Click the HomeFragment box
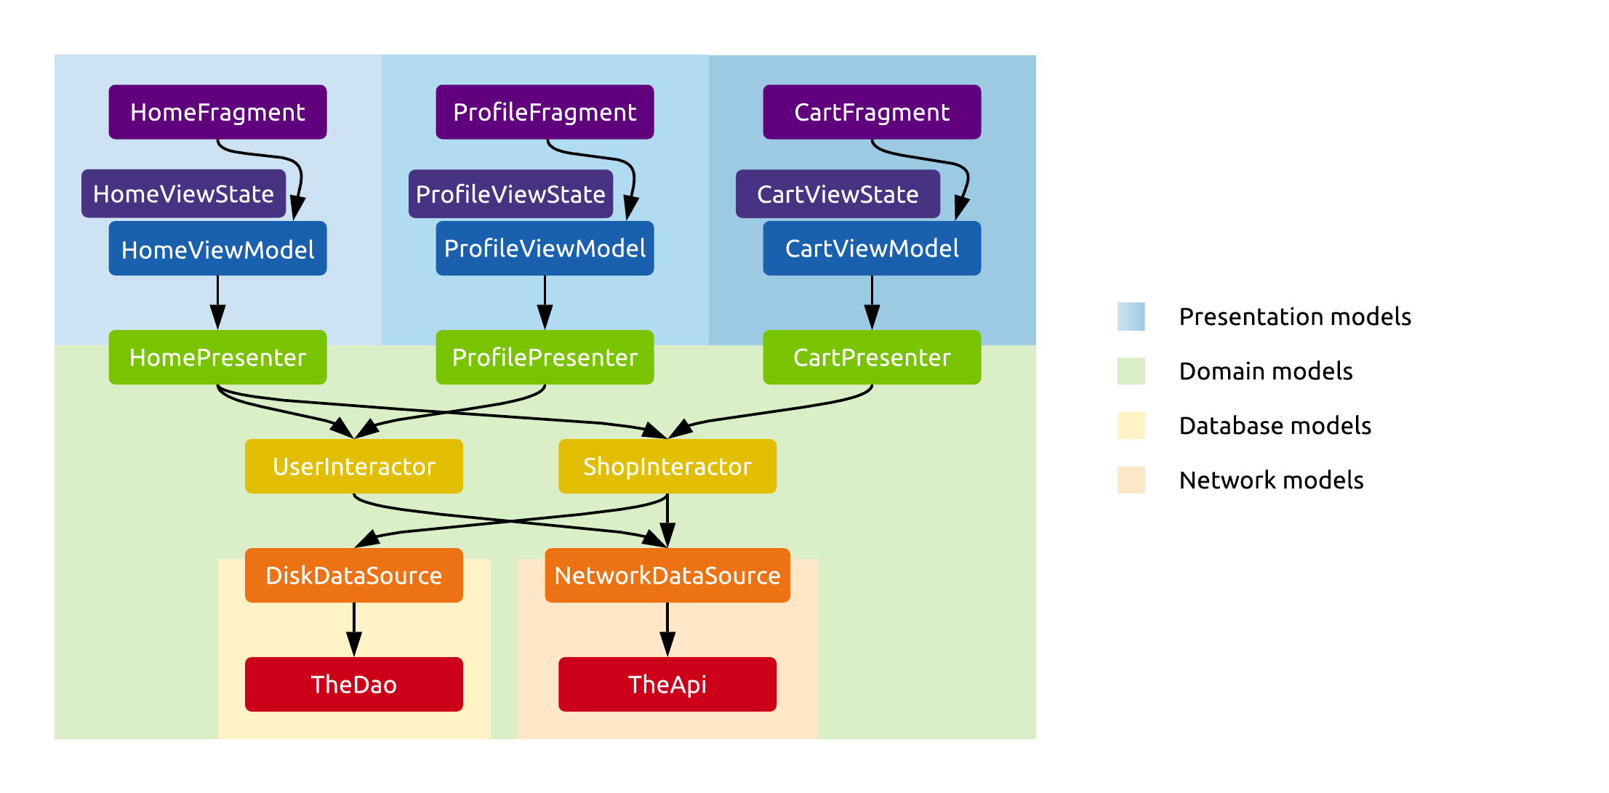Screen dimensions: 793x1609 point(217,112)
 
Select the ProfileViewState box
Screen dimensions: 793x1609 point(510,194)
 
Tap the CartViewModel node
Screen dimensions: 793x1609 point(872,249)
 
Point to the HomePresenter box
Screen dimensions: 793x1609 point(217,358)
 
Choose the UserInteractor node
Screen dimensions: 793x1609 point(354,467)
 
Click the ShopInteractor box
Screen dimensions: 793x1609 point(667,467)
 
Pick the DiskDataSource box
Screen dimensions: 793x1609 point(354,576)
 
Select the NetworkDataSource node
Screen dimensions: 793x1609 point(667,576)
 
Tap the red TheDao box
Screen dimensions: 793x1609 point(354,685)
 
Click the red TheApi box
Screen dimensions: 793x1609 point(667,685)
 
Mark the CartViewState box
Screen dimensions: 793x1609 point(838,194)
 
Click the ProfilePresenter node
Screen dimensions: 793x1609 point(545,358)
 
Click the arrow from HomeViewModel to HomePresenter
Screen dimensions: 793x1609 point(217,302)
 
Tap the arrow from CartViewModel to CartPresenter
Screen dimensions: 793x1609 point(872,302)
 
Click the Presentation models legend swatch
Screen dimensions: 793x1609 point(1131,317)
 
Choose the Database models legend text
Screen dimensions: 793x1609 point(1275,426)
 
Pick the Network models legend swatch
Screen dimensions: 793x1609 point(1131,480)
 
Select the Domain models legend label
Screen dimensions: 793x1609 point(1265,371)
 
